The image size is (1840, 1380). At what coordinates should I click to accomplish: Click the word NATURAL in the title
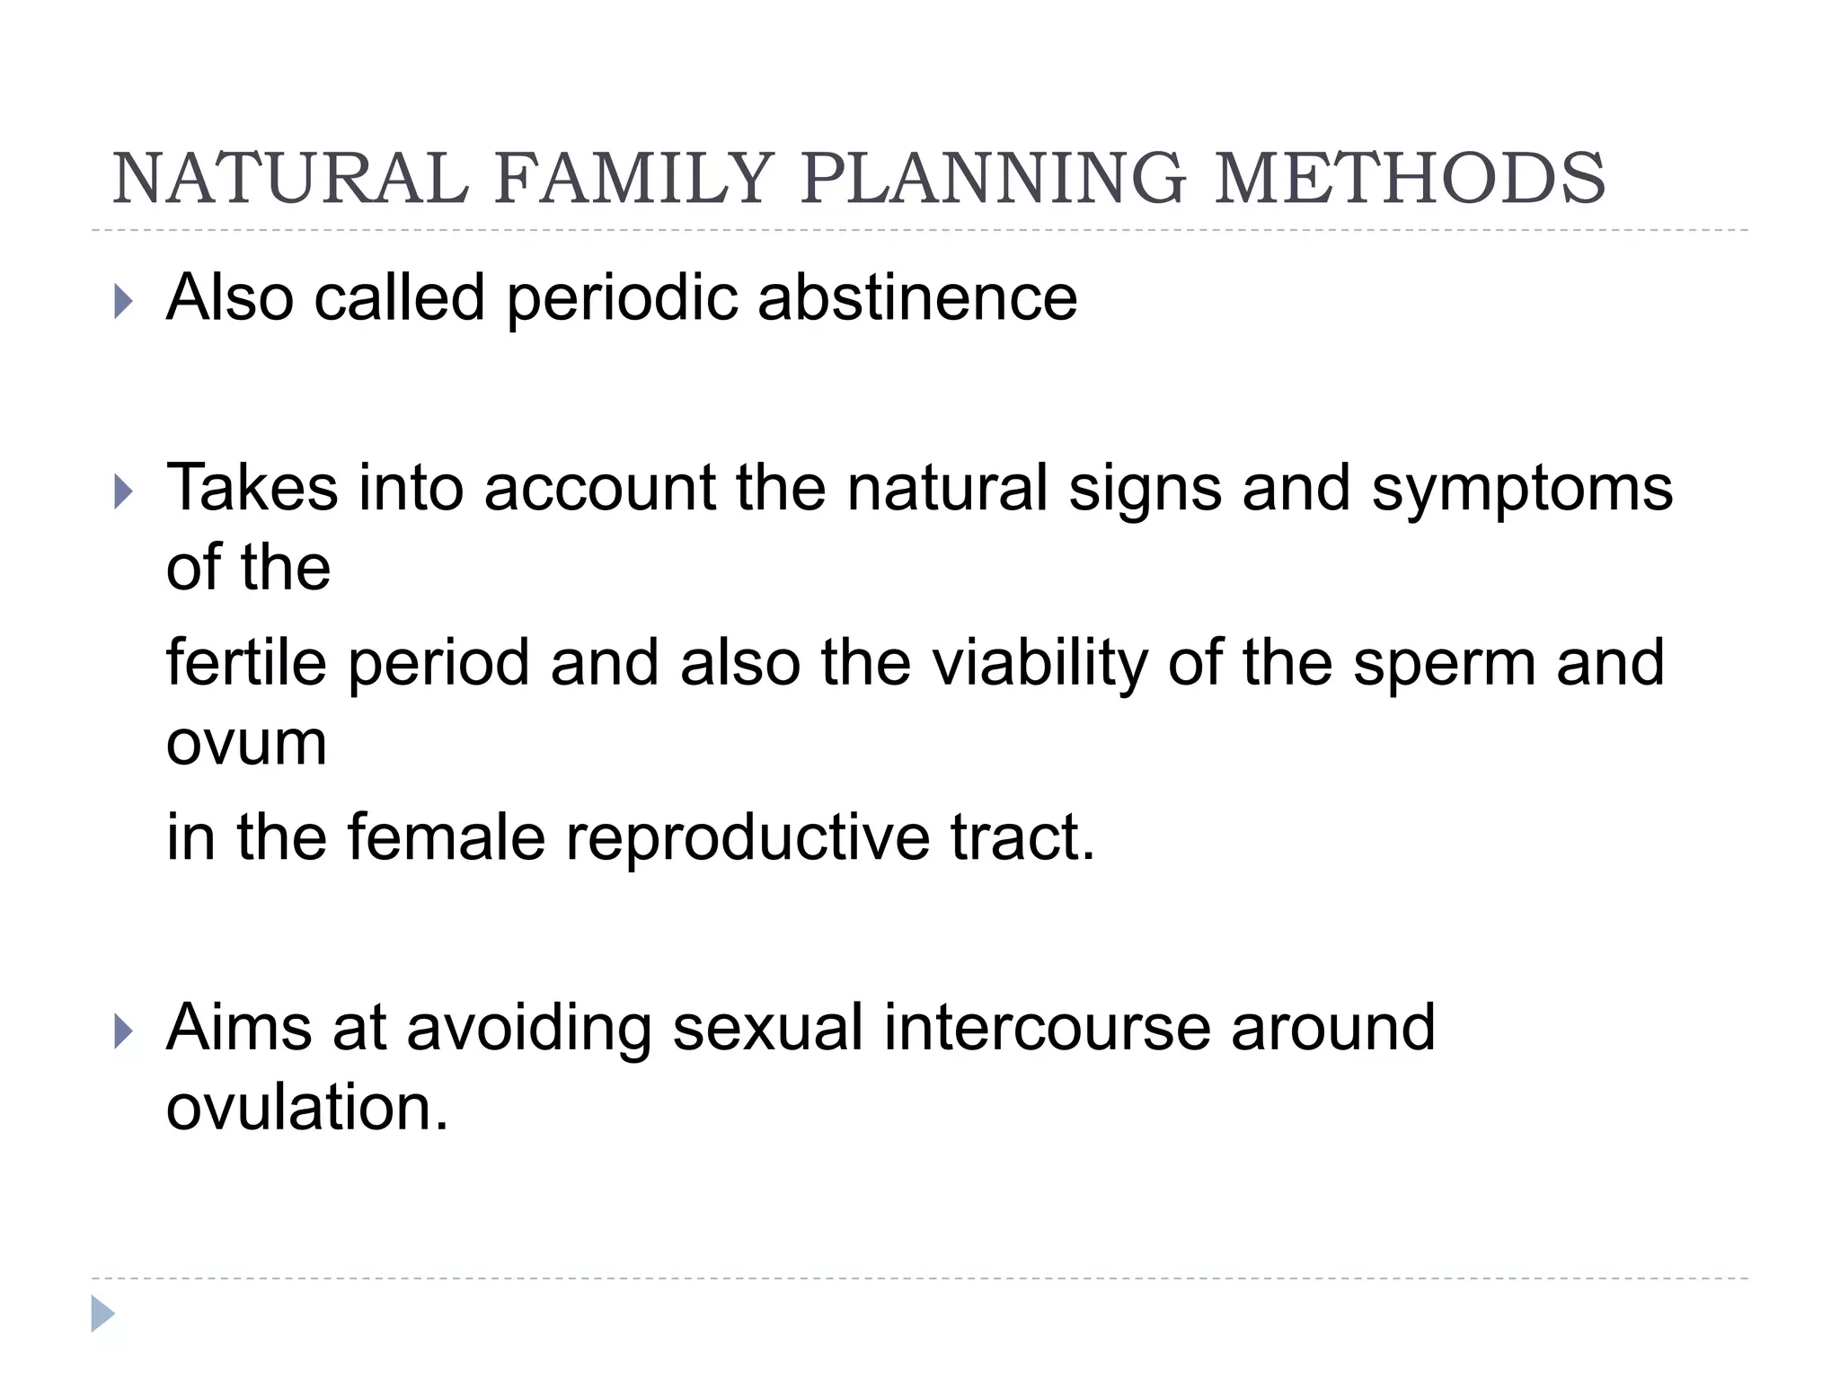point(289,178)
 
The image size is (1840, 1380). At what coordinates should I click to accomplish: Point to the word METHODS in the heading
point(1410,178)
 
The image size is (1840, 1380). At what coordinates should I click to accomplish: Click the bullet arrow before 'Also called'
point(123,302)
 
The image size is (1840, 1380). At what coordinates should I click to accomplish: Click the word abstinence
point(917,297)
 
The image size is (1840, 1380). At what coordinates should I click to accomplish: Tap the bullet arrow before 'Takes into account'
point(123,491)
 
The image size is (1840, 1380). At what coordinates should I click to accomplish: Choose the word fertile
point(246,662)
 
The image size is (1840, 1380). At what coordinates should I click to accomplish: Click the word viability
point(1039,662)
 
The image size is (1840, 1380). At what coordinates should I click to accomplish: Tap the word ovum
point(246,744)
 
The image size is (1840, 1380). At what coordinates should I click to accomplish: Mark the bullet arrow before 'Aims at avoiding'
point(123,1032)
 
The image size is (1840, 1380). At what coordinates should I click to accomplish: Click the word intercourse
point(1047,1028)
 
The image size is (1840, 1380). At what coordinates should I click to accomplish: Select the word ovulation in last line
point(305,1107)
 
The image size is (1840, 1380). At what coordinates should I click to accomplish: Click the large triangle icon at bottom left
point(102,1314)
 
